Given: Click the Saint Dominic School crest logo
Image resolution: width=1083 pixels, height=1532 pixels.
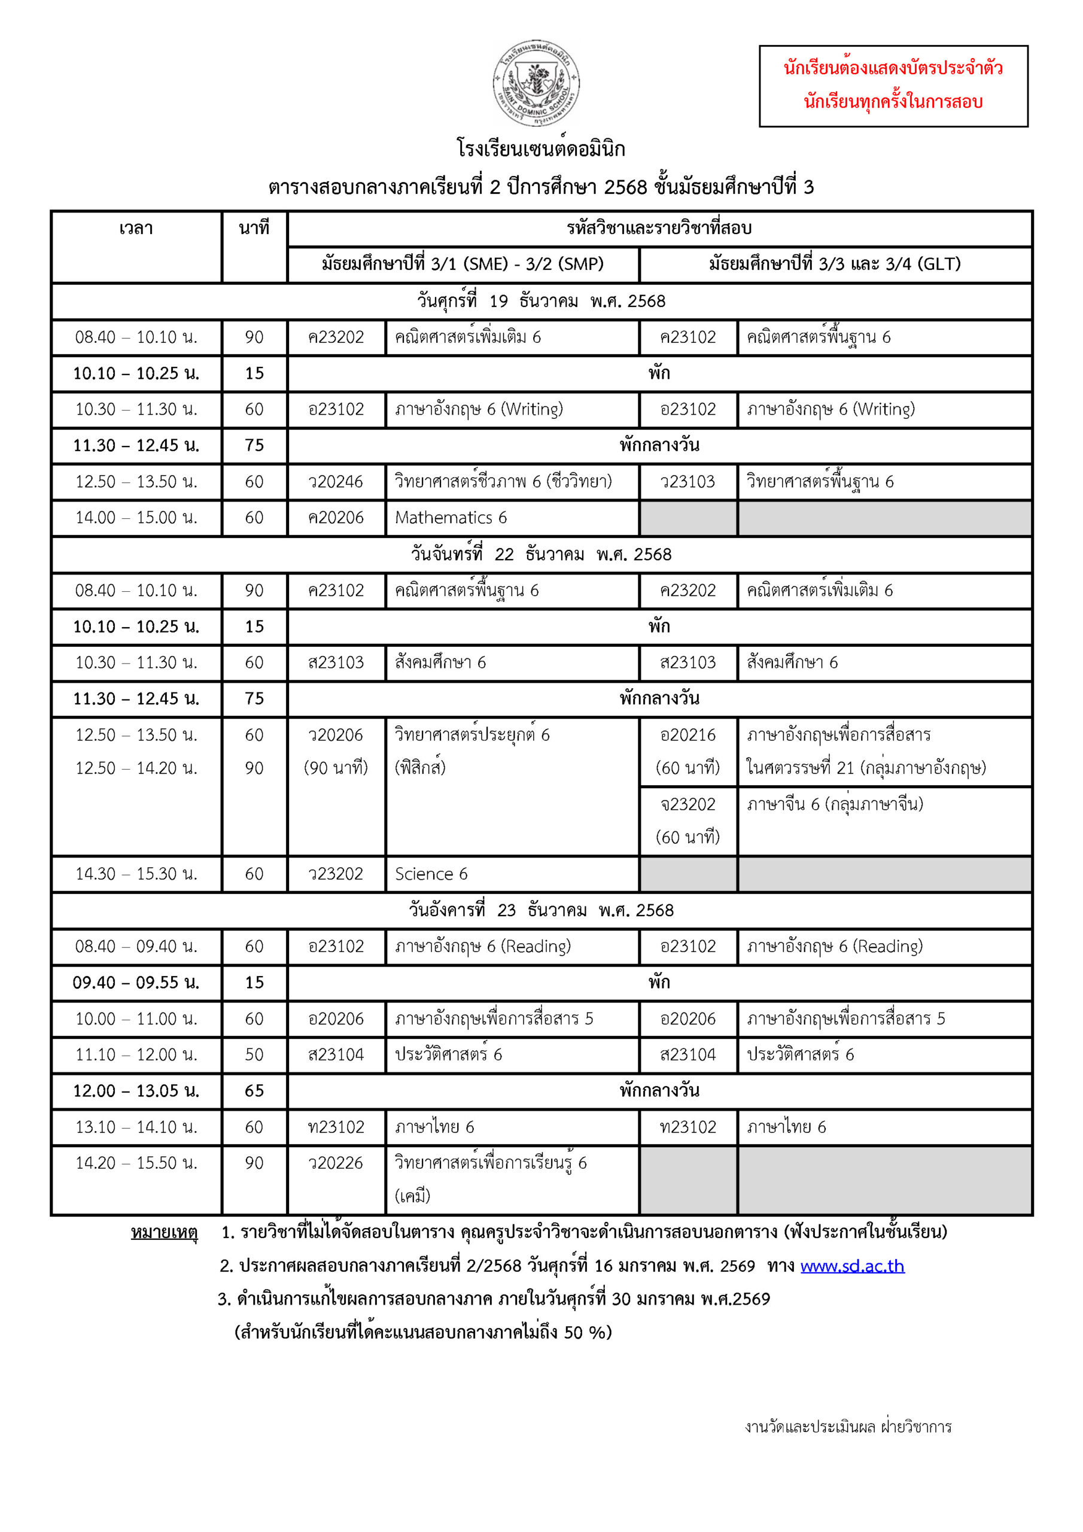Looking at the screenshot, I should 536,83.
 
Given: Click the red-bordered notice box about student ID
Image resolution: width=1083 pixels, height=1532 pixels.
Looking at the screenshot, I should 893,86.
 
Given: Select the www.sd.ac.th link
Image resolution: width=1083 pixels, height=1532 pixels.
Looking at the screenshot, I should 852,1266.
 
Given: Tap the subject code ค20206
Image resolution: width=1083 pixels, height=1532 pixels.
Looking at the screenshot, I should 336,518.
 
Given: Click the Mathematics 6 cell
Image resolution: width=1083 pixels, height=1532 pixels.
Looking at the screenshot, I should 451,518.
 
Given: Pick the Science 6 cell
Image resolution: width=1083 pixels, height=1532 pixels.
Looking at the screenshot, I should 431,874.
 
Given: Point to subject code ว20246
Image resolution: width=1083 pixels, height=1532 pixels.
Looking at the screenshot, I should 336,482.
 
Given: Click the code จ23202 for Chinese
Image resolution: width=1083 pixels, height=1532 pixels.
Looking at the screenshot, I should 688,805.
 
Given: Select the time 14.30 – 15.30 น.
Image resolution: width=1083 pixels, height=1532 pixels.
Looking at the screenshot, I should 136,874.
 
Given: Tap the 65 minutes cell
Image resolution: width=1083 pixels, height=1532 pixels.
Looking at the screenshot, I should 254,1091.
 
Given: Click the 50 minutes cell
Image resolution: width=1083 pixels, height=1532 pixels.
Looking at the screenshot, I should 254,1055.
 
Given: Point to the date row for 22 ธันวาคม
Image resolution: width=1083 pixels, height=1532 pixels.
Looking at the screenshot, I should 541,555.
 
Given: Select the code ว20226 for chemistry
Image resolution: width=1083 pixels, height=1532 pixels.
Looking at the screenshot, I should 336,1163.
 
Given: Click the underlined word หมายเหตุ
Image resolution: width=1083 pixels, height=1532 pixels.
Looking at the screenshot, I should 164,1232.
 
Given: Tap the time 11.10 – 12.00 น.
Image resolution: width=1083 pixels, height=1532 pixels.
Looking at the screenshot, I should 136,1055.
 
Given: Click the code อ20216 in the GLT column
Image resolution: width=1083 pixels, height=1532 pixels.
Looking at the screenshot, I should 688,735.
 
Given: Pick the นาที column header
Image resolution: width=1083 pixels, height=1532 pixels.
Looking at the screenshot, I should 254,229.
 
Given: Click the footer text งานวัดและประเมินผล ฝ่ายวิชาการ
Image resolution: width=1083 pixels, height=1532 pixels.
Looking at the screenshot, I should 848,1427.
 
